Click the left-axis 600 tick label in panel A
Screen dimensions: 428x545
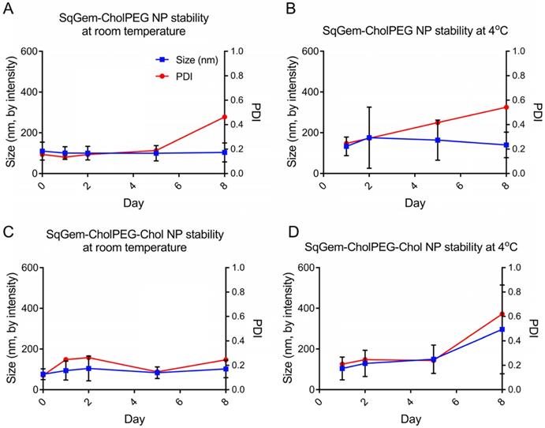[x=27, y=51]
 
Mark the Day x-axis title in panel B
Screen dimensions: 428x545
[x=413, y=203]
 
